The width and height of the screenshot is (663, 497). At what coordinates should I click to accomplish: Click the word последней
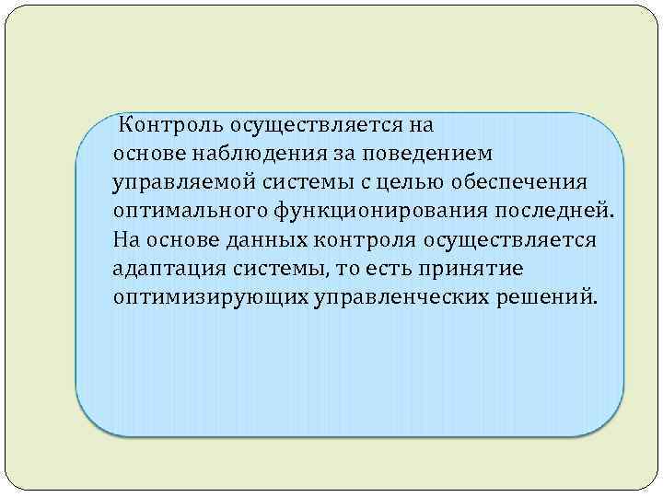click(x=547, y=211)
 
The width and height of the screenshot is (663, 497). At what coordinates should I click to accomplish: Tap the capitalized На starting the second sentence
click(x=126, y=240)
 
